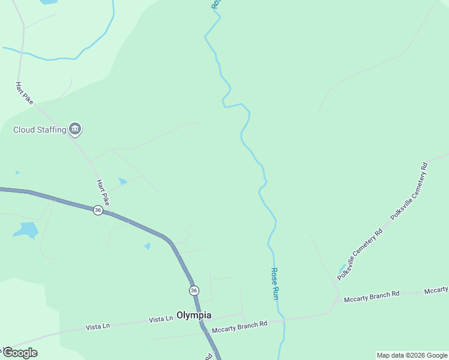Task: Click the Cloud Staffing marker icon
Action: [x=75, y=128]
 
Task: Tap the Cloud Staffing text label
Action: [x=40, y=130]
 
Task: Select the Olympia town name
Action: [x=194, y=315]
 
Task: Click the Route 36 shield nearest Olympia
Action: [x=193, y=290]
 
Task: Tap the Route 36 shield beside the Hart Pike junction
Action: [x=98, y=210]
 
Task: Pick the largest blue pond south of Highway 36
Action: [x=26, y=230]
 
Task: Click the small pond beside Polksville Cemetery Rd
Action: [x=342, y=268]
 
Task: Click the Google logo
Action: [x=19, y=352]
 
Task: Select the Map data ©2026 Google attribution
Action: [x=412, y=355]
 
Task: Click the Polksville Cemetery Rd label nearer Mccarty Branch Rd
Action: [x=360, y=254]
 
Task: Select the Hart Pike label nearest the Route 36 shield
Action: [x=103, y=193]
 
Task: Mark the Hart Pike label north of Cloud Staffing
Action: [x=24, y=94]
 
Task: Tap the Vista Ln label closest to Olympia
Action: [x=160, y=320]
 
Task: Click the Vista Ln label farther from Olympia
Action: [x=98, y=326]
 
